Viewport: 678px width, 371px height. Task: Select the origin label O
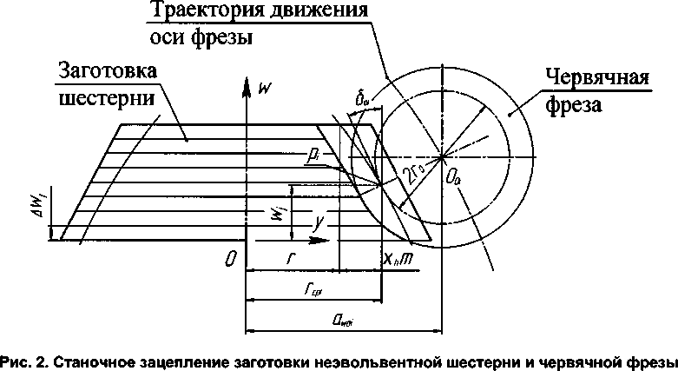tap(227, 259)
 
